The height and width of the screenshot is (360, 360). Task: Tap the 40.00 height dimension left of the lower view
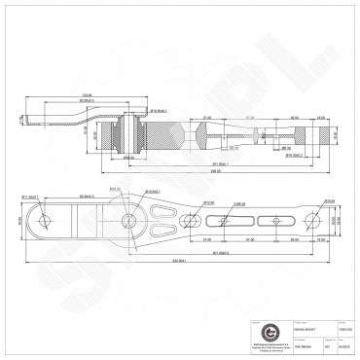click(x=18, y=221)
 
